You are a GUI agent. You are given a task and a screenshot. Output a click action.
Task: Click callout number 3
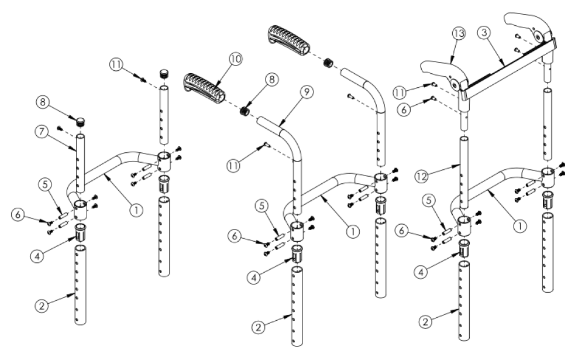pyautogui.click(x=484, y=33)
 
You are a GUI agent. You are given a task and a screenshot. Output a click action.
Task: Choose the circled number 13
pyautogui.click(x=458, y=33)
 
